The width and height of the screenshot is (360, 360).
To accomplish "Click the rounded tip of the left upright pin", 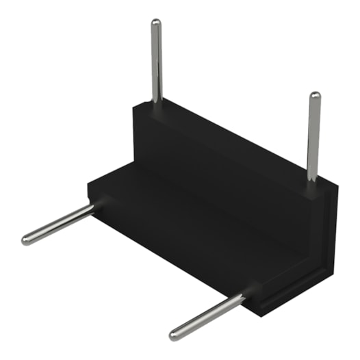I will (x=156, y=23).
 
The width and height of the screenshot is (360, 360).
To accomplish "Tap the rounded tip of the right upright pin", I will (x=315, y=96).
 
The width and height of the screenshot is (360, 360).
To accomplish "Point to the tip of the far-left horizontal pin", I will (x=26, y=240).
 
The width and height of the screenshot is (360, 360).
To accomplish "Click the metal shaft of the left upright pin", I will (x=157, y=62).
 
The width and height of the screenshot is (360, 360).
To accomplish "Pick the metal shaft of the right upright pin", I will (x=313, y=137).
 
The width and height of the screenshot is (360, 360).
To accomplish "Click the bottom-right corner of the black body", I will (x=264, y=314).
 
